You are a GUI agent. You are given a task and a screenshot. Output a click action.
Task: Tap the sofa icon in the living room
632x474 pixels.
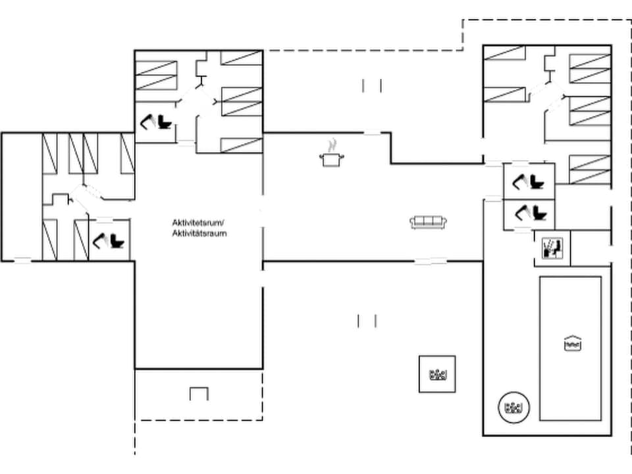(x=428, y=223)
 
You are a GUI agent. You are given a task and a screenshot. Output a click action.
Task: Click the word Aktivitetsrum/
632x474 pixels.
(x=198, y=223)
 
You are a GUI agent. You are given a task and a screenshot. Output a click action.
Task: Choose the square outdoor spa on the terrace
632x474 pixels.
(x=437, y=374)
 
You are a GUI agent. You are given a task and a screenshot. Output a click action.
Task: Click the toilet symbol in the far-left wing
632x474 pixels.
(x=109, y=240)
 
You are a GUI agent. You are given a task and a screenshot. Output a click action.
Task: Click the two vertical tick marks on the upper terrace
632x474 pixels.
(x=372, y=85)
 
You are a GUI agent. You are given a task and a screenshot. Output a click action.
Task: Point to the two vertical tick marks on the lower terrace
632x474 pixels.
(x=367, y=321)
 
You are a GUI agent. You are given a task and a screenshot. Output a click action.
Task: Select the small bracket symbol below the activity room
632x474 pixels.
(x=199, y=394)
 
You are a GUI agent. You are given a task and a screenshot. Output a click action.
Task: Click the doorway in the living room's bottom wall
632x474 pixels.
(x=431, y=261)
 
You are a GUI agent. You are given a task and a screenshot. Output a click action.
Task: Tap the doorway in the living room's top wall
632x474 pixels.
(x=373, y=133)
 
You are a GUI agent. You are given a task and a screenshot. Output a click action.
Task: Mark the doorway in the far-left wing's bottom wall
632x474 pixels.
(x=23, y=261)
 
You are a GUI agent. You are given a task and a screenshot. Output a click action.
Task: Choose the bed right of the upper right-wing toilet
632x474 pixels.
(x=590, y=170)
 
